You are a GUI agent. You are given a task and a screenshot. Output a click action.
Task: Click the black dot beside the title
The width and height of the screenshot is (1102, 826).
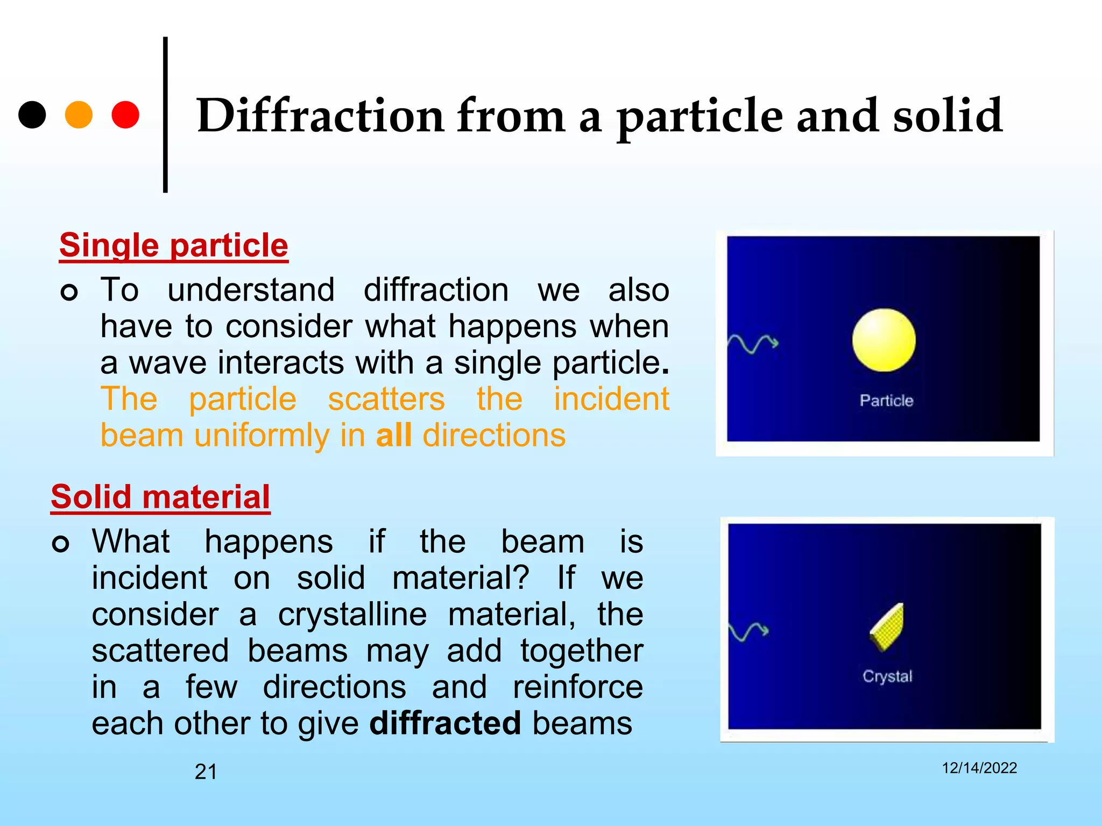click(x=32, y=115)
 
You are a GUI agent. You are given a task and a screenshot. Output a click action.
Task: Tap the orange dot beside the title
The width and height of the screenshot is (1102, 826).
click(x=79, y=115)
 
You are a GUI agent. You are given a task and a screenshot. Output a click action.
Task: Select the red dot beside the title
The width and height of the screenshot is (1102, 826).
click(x=125, y=115)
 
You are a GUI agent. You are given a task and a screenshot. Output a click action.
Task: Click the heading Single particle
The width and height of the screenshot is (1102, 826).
click(x=173, y=246)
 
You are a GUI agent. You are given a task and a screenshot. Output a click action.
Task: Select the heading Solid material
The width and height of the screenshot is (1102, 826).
click(x=160, y=497)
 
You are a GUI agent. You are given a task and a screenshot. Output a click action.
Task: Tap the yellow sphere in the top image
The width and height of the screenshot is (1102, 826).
click(x=884, y=340)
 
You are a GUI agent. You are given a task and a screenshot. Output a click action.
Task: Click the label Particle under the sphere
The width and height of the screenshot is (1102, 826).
click(x=886, y=401)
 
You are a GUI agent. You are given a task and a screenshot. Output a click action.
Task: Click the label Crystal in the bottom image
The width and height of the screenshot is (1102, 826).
click(x=887, y=676)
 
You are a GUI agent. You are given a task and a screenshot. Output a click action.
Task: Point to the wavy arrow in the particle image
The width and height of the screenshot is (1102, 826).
click(x=752, y=343)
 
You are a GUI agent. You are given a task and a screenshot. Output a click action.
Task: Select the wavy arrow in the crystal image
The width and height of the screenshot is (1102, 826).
click(x=748, y=631)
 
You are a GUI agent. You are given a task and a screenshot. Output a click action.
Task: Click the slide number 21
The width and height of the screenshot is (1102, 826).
click(x=206, y=772)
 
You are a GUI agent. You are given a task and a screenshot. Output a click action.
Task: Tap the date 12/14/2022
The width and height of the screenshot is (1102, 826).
click(x=979, y=768)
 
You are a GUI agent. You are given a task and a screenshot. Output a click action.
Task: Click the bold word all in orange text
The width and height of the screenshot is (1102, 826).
click(x=394, y=435)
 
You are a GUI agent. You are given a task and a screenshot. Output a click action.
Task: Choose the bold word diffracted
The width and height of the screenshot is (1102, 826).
click(x=445, y=723)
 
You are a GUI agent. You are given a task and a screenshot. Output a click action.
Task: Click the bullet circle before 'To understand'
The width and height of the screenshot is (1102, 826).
click(x=69, y=293)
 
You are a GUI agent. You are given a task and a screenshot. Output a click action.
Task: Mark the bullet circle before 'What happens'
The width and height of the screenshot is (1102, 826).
click(x=61, y=544)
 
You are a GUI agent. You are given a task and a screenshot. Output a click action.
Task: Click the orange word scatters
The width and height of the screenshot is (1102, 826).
click(x=386, y=399)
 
